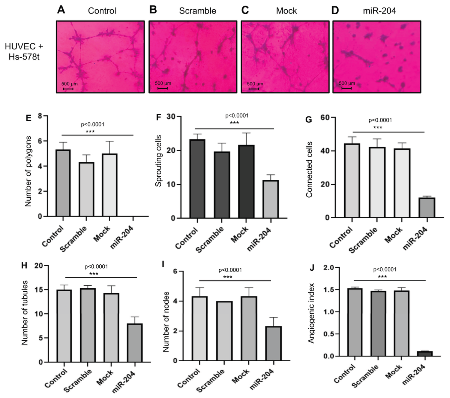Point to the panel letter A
click(x=61, y=10)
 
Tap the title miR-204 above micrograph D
click(x=379, y=11)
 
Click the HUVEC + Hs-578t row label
click(x=25, y=52)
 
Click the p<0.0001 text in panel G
click(x=380, y=120)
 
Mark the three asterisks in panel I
click(x=228, y=277)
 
